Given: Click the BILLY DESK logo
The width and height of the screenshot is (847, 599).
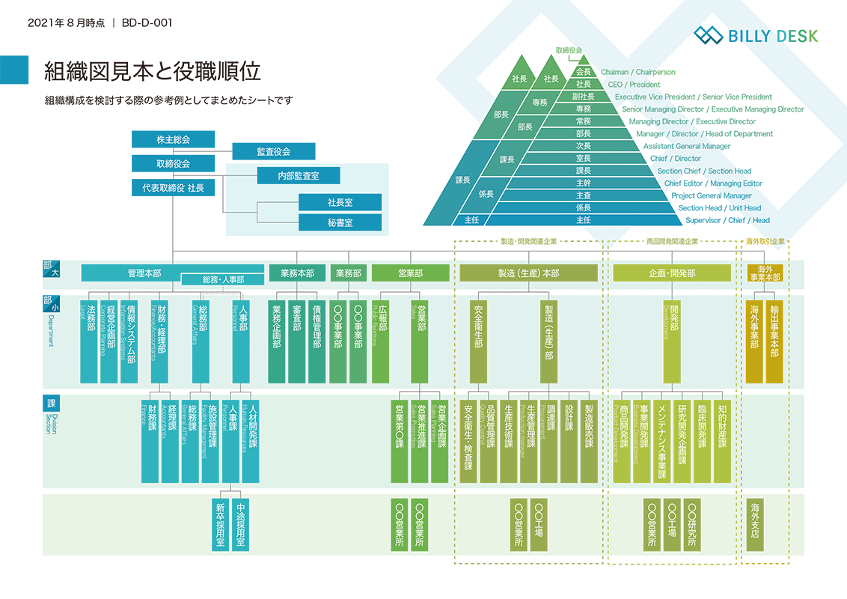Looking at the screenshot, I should click(x=756, y=35).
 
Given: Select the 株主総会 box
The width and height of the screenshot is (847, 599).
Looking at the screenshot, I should click(x=173, y=139).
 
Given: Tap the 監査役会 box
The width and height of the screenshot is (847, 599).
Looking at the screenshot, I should click(x=273, y=151).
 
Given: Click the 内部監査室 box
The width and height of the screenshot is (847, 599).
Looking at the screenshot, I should click(x=298, y=175).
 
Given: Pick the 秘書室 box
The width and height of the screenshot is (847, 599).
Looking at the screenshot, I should click(x=340, y=222).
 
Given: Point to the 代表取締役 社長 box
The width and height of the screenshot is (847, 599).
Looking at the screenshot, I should click(x=173, y=188).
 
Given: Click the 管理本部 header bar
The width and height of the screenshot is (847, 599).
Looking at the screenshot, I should click(x=144, y=273).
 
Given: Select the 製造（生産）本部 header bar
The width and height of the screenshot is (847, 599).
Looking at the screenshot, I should click(x=528, y=273).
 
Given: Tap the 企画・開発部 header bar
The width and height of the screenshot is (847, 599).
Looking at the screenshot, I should click(x=671, y=273).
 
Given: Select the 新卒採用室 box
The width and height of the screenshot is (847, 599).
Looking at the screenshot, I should click(x=220, y=524).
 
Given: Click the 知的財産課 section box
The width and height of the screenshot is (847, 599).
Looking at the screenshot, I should click(x=722, y=437).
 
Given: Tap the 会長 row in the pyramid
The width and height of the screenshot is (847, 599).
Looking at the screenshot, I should click(x=583, y=72).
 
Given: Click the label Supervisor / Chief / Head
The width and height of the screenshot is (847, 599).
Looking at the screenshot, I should click(x=727, y=220).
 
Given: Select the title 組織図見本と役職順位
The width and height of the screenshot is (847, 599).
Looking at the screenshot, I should click(x=153, y=71).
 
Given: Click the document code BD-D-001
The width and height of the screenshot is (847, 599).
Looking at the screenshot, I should click(x=146, y=22).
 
